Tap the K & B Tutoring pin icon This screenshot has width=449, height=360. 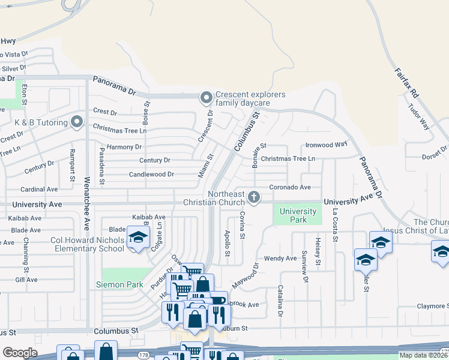tap(76, 122)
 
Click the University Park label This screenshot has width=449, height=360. tap(298, 215)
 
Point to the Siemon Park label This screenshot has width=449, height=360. tap(118, 284)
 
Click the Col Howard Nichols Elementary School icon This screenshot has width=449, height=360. tap(138, 238)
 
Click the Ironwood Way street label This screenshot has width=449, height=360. tap(327, 145)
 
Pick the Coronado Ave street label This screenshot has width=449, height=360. tap(289, 187)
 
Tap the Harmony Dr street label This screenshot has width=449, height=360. tap(124, 147)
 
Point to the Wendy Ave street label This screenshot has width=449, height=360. tap(280, 259)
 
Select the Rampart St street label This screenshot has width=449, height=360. tap(71, 165)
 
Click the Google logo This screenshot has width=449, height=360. tap(20, 353)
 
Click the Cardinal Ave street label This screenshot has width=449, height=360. tap(39, 189)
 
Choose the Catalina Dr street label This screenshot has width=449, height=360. tap(280, 301)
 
